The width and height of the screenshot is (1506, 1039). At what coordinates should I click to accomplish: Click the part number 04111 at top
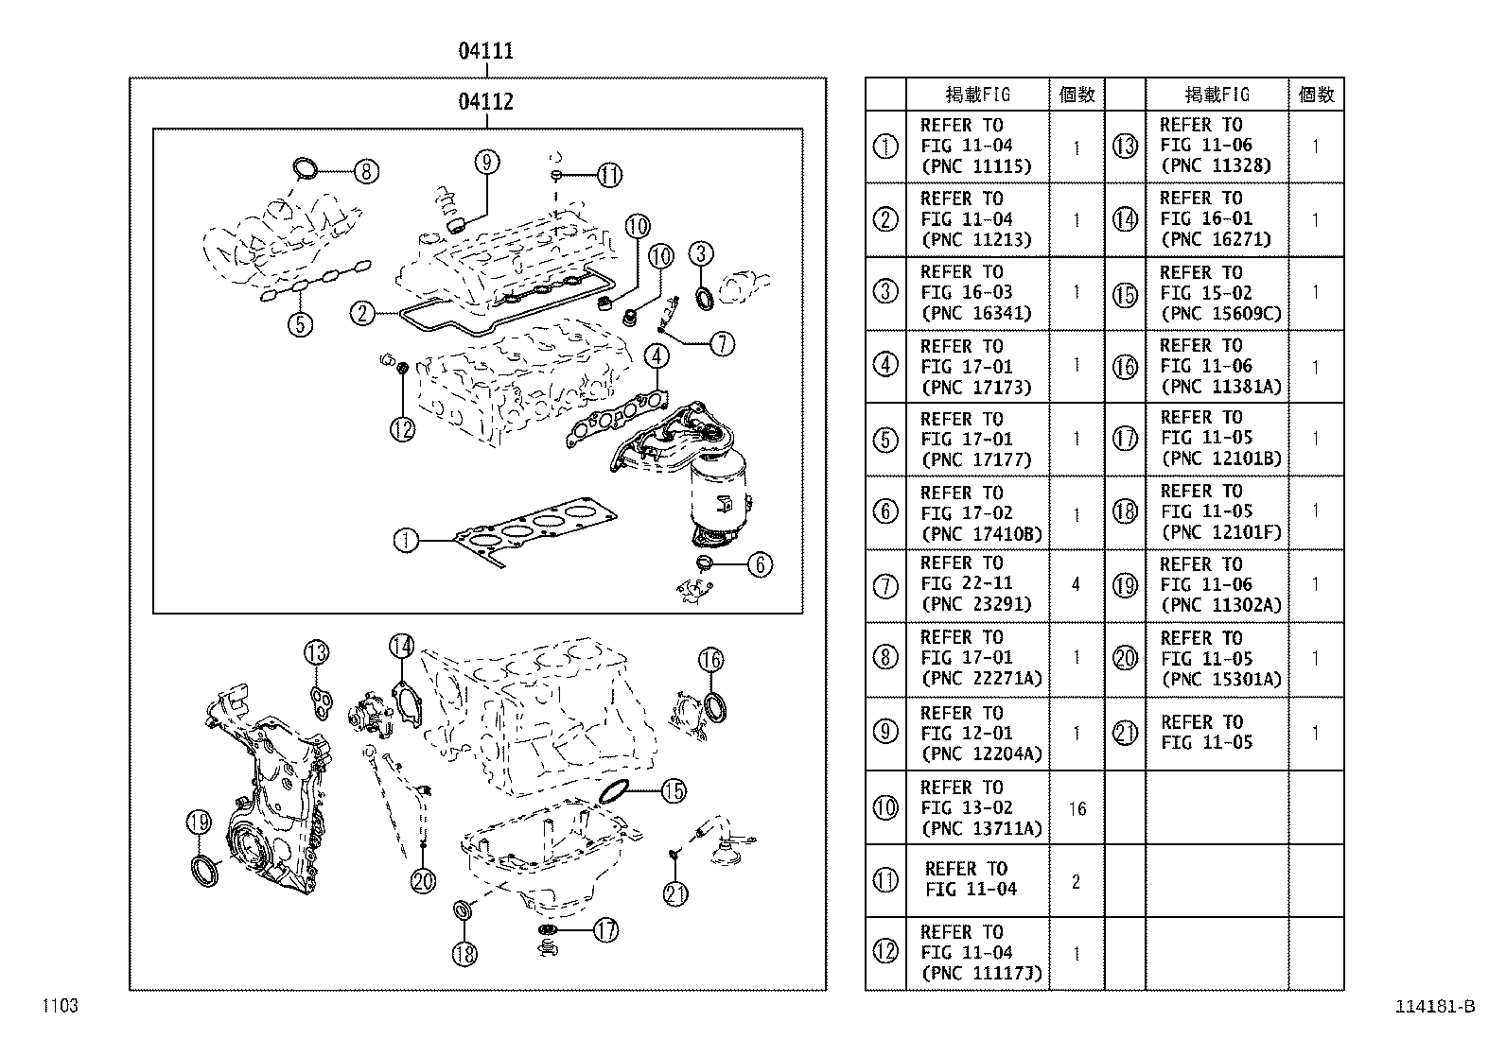pos(485,51)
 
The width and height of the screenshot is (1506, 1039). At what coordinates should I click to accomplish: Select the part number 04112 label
pos(485,101)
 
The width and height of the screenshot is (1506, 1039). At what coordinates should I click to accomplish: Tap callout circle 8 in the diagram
pos(366,171)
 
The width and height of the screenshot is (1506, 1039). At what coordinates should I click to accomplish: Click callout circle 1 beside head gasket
pos(405,541)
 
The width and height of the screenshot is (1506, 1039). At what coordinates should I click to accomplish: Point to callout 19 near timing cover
pos(198,823)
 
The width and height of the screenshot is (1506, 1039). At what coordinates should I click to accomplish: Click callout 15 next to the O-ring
pos(673,790)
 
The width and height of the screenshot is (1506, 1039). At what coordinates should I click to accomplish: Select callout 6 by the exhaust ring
pos(760,564)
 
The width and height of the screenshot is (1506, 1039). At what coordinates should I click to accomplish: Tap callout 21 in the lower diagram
pos(675,893)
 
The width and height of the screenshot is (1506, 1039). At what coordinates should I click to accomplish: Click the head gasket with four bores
pos(534,528)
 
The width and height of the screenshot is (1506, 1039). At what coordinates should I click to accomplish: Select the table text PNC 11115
pos(975,166)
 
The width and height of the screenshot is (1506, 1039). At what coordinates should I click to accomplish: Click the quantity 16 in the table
pos(1077,808)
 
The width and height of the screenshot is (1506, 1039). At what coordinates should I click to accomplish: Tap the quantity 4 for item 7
pos(1076,585)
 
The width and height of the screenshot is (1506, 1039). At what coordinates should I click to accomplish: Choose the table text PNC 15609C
pos(1220,314)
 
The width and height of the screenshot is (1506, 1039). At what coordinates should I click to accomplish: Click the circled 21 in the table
pos(1125,733)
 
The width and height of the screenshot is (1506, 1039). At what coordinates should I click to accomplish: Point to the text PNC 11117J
pos(981,973)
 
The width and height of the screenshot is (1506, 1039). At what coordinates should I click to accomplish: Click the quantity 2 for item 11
pos(1076,882)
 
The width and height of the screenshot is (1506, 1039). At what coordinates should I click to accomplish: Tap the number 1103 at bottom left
pos(59,1006)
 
